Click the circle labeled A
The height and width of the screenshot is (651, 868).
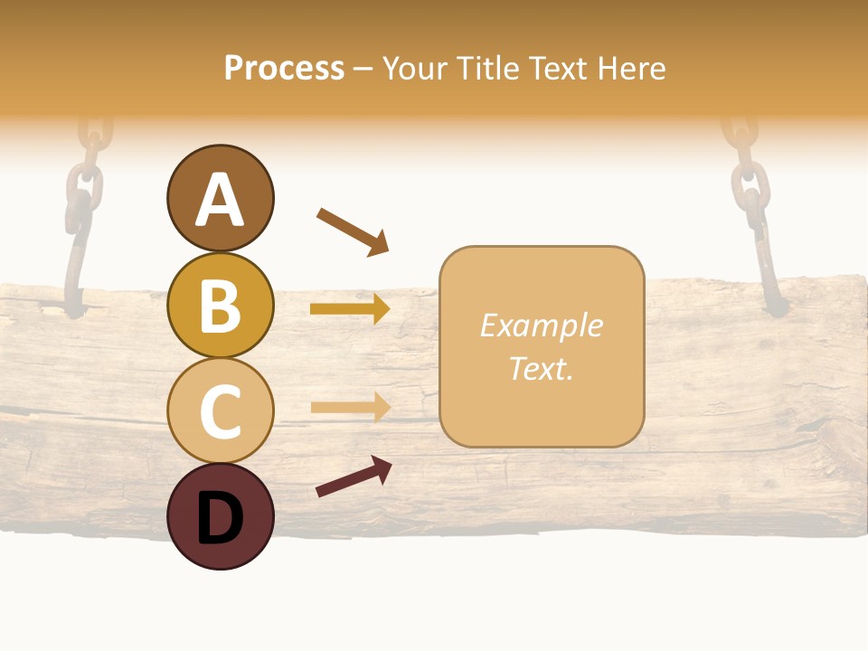[220, 198]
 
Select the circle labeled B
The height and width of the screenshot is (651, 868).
[220, 305]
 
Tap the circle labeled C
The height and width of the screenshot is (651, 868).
[220, 410]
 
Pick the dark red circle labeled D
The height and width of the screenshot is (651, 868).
[220, 516]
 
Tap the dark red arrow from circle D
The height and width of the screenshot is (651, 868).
[354, 476]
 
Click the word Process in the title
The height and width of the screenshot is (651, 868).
[284, 69]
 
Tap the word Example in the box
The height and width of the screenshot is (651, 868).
[541, 325]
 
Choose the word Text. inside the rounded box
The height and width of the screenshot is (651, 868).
[541, 368]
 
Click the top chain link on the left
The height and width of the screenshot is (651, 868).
[95, 136]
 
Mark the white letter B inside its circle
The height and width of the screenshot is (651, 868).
[220, 306]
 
